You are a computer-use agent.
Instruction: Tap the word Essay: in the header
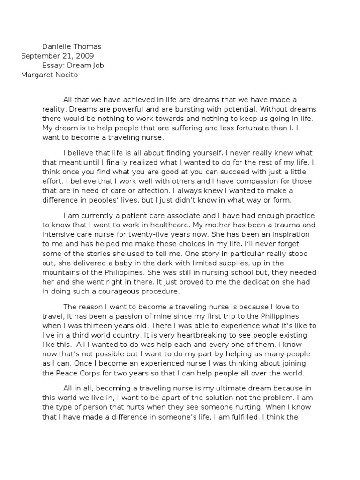coord(55,65)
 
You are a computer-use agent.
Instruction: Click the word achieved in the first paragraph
coord(133,100)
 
